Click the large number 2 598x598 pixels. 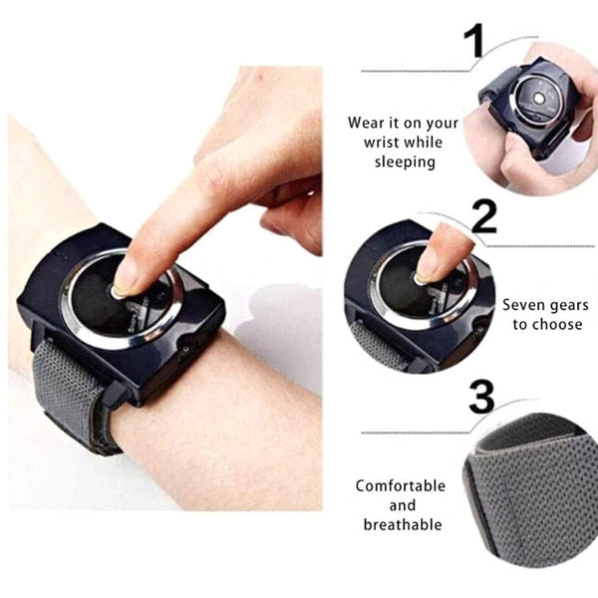point(483,216)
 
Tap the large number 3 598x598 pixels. point(481,397)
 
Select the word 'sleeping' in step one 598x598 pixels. point(404,161)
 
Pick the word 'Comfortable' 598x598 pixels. point(401,486)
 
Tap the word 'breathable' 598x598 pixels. point(403,525)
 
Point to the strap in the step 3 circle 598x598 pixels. point(528,478)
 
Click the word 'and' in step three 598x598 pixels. point(403,506)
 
